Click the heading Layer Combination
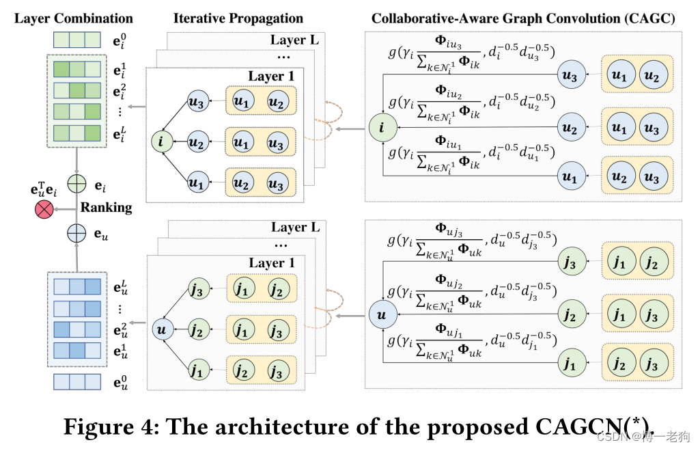coord(74,18)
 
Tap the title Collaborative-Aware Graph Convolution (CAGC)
coord(524,18)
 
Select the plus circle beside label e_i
coord(76,185)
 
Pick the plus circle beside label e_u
coord(76,233)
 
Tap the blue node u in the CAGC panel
coord(380,314)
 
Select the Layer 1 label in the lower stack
coord(272,263)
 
